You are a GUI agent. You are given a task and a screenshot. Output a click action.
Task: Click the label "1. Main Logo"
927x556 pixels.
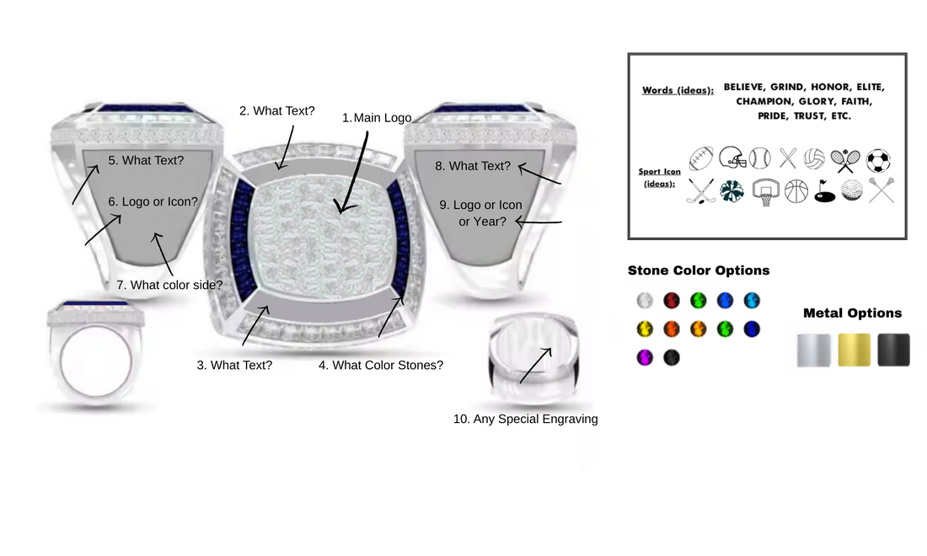point(377,118)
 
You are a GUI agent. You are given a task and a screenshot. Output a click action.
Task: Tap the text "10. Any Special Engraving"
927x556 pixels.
point(525,419)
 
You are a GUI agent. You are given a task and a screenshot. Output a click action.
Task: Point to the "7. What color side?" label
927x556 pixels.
point(169,285)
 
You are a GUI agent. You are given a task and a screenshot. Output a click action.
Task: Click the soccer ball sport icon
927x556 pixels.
point(878,160)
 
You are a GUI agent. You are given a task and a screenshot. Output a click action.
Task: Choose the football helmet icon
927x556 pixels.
point(732,158)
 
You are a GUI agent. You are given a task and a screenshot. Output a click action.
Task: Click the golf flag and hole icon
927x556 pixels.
point(824,192)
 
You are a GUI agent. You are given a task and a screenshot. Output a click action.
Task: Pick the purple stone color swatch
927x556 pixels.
point(645,357)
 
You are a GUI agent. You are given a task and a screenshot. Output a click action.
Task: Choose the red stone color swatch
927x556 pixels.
point(672,301)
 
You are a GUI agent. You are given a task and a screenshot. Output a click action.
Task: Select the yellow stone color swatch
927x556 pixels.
point(645,329)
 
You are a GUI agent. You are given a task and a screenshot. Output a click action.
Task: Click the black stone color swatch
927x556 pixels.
point(672,357)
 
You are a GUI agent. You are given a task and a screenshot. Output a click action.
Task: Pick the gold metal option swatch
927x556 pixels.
point(854,350)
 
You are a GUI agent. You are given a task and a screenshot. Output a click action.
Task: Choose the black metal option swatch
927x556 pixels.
point(893,350)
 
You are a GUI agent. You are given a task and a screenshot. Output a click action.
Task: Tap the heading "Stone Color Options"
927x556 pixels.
point(699,270)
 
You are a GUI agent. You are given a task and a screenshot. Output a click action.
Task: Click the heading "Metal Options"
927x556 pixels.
point(852,313)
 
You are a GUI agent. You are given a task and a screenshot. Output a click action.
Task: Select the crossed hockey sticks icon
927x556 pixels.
point(701,192)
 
